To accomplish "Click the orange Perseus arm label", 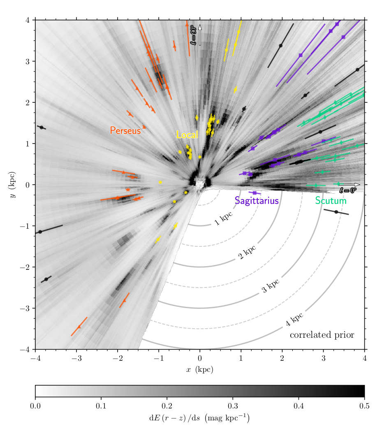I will tap(125, 130).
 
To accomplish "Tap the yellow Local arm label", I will tap(187, 134).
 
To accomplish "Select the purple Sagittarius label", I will tap(257, 201).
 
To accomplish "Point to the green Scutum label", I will tap(331, 201).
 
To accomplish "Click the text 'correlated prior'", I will tap(322, 335).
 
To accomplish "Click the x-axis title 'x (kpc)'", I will tap(200, 369).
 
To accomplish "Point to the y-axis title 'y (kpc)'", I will tap(13, 185).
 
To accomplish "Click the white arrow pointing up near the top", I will tap(200, 35).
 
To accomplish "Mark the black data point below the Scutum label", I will tap(336, 212).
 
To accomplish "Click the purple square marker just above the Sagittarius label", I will tap(255, 192).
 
